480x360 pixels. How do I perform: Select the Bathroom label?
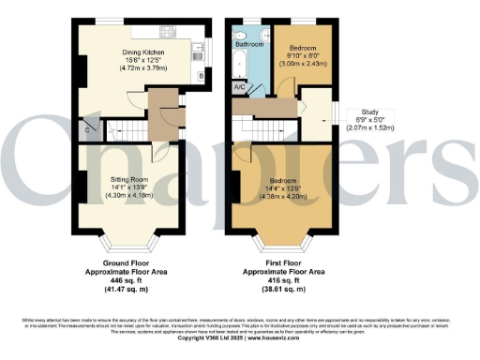pyautogui.click(x=248, y=44)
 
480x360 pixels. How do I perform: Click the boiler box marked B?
pyautogui.click(x=201, y=75)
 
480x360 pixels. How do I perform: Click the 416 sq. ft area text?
pyautogui.click(x=282, y=280)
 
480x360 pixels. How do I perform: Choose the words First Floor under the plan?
pyautogui.click(x=282, y=262)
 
